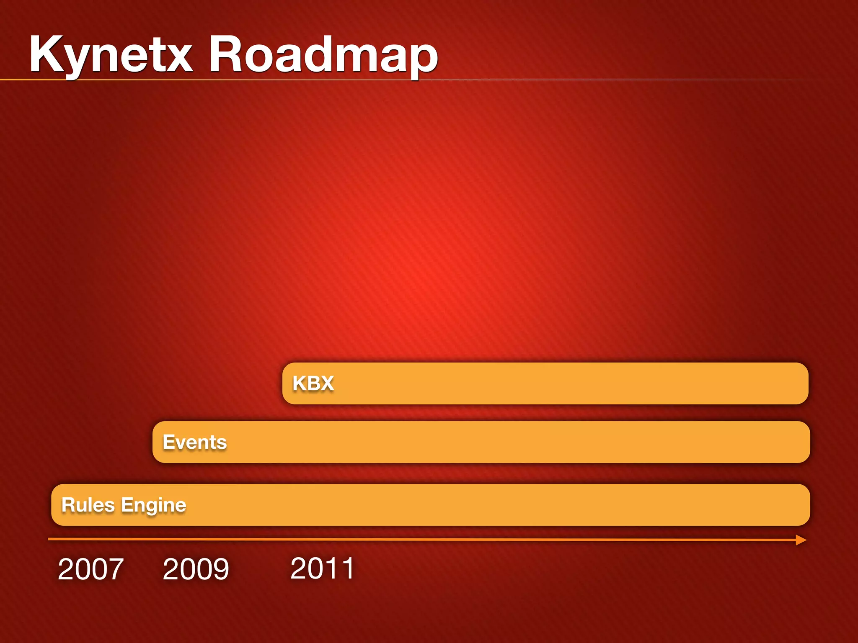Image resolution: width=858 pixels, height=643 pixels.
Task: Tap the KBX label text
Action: [313, 383]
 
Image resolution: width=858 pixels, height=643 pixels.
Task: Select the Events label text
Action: [195, 442]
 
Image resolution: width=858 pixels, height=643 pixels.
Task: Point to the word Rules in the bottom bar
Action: [88, 505]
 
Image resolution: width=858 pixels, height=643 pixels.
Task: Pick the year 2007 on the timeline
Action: [90, 569]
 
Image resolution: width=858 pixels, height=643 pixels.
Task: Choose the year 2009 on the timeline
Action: [196, 569]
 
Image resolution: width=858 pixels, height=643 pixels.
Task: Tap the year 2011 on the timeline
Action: [322, 568]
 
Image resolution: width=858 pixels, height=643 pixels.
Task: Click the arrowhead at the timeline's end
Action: [801, 540]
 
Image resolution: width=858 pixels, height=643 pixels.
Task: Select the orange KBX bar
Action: [545, 383]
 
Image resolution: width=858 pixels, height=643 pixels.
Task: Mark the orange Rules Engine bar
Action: [461, 505]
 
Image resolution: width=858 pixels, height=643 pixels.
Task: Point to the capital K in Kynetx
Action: [47, 54]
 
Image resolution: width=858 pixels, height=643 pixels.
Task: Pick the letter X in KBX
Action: [326, 383]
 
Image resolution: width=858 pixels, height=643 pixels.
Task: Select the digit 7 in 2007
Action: [115, 569]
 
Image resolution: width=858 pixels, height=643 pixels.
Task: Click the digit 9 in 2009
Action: [220, 569]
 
